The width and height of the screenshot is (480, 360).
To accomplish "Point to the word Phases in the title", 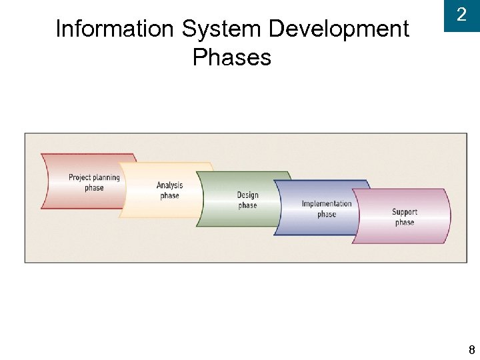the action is [232, 57].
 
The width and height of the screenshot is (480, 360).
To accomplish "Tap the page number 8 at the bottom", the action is [471, 349].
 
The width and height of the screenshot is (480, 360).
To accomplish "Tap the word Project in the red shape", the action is [81, 177].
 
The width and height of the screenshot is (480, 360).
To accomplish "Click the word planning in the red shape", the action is [107, 177].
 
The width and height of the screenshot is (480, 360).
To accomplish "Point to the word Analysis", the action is [169, 185].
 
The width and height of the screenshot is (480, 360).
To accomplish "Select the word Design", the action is [247, 195].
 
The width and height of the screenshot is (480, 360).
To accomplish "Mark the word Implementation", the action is [327, 203].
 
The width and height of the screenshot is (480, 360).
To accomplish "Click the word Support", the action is [405, 212].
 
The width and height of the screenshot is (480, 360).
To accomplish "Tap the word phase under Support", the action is [405, 222].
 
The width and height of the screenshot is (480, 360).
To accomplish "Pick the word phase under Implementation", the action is [327, 214].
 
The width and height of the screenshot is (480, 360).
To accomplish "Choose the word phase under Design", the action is [247, 205].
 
